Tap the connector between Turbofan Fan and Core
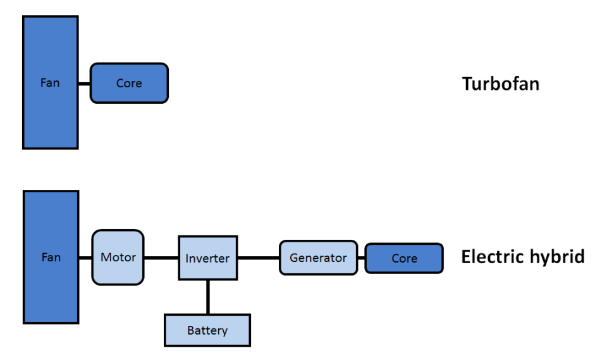(x=84, y=83)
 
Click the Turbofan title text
(x=500, y=84)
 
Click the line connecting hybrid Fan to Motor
(x=85, y=258)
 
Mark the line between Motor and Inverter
(x=161, y=258)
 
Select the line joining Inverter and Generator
(x=259, y=258)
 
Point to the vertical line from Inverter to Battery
(x=207, y=297)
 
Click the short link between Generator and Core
(x=361, y=258)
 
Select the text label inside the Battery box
(x=207, y=331)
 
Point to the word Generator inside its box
(x=318, y=258)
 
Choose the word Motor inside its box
(x=118, y=258)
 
